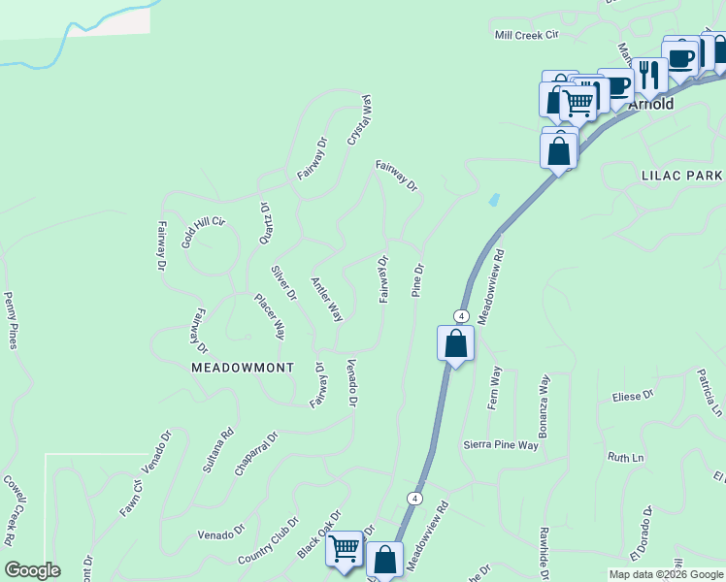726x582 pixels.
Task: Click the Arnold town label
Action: [x=651, y=104]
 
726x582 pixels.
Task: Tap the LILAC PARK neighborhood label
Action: [x=681, y=176]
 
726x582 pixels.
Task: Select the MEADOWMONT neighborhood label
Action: [x=243, y=368]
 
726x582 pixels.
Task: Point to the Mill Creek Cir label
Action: [x=528, y=35]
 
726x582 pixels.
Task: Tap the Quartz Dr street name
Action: [x=264, y=222]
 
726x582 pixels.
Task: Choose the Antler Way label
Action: [x=327, y=300]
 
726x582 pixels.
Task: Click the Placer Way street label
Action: [x=270, y=315]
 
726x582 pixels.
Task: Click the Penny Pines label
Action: [x=12, y=320]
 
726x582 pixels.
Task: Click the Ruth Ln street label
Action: [x=626, y=457]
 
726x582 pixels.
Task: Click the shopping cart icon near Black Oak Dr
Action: [x=345, y=548]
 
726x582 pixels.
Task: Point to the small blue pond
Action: [x=495, y=200]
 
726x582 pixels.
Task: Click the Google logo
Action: [x=32, y=570]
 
